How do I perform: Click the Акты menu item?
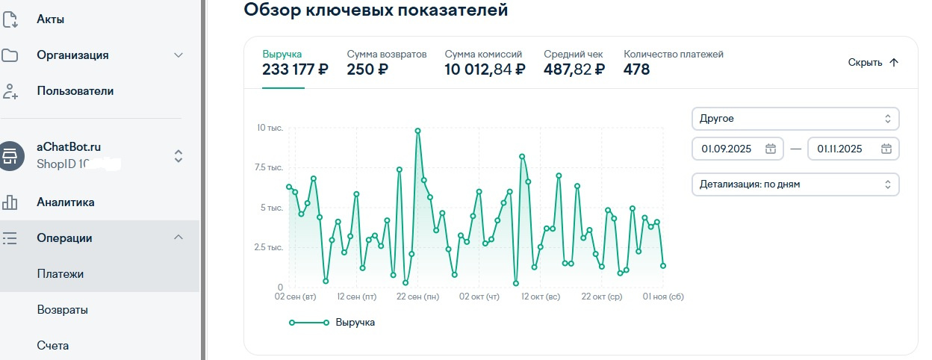click(50, 19)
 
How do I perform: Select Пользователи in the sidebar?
click(75, 91)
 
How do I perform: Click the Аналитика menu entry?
click(65, 202)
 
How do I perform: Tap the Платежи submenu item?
click(60, 274)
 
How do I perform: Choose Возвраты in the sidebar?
click(62, 310)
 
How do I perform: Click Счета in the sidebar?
click(52, 346)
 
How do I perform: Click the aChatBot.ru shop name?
click(69, 147)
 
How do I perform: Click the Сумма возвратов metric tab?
click(386, 55)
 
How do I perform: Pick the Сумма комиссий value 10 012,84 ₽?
click(485, 70)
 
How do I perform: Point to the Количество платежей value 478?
click(636, 70)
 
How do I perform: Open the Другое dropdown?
click(795, 119)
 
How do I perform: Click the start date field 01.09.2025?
click(737, 149)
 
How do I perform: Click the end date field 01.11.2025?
click(853, 149)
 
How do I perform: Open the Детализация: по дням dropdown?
click(795, 184)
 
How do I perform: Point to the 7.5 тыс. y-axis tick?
click(270, 168)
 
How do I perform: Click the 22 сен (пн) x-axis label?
click(418, 297)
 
